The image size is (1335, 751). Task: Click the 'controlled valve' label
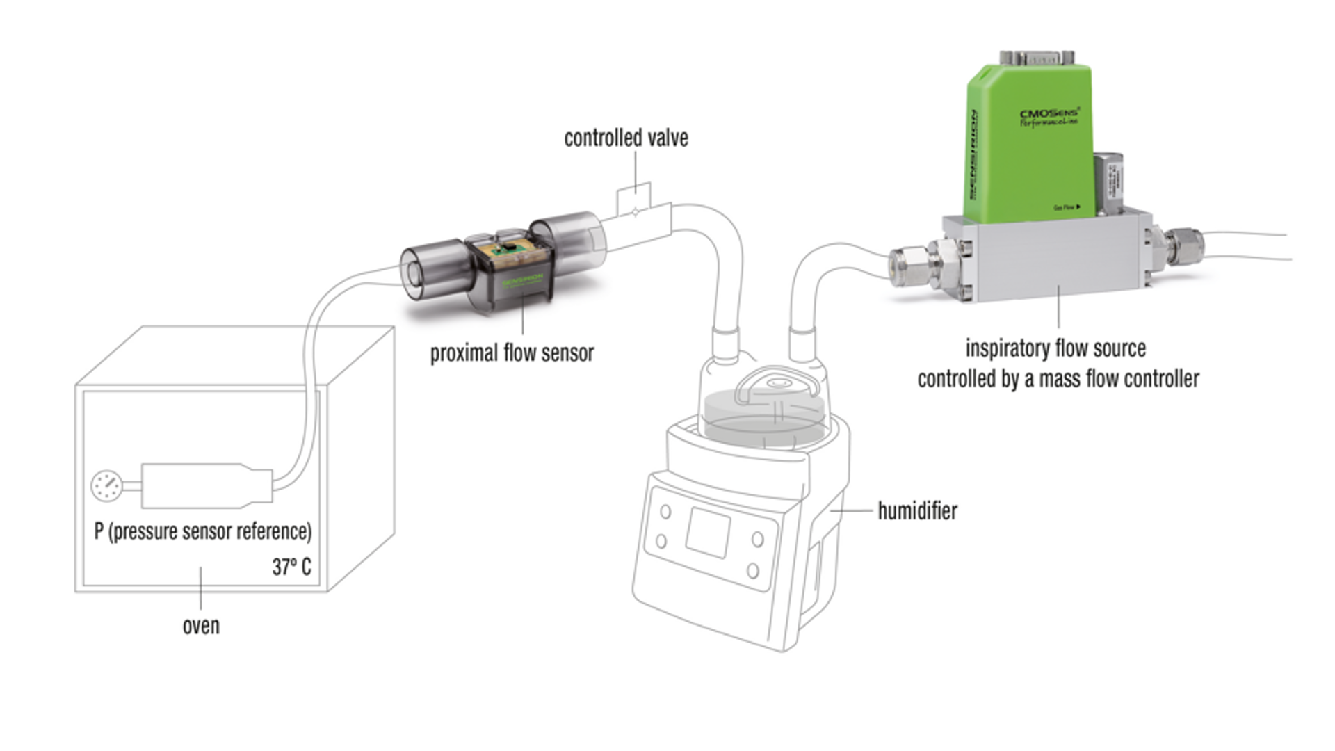(626, 138)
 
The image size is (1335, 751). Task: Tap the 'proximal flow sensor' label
(512, 353)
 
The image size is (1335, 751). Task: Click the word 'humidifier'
(917, 511)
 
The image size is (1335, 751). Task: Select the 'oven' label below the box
(201, 626)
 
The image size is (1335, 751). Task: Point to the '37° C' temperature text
(291, 567)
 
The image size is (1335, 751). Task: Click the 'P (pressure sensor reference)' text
(203, 531)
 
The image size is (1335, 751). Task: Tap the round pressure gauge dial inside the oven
(107, 486)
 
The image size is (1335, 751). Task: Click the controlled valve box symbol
(635, 199)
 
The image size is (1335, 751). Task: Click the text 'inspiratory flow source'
(1055, 348)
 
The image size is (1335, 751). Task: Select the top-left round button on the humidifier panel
(665, 512)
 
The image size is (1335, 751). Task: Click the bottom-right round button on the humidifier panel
(752, 571)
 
